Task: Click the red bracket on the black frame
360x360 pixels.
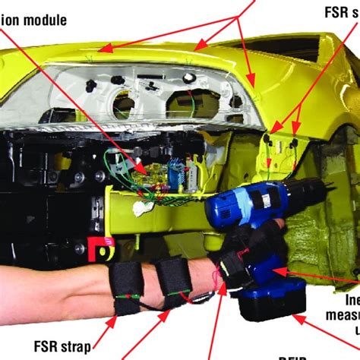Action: coord(98,249)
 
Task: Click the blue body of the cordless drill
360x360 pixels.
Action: coord(243,205)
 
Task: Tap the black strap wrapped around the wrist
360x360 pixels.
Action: coord(232,262)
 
